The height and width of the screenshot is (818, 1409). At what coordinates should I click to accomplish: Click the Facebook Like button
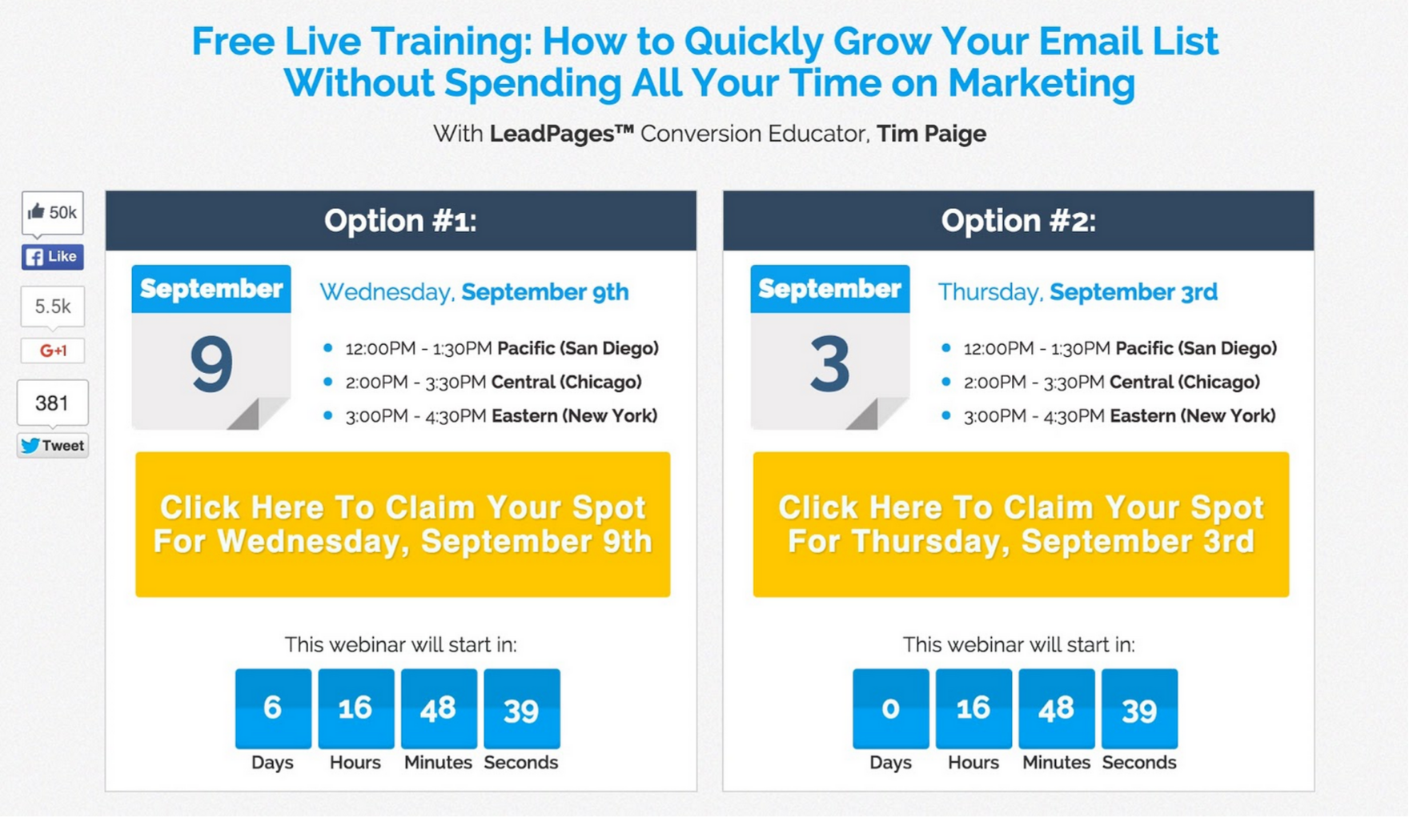pyautogui.click(x=53, y=257)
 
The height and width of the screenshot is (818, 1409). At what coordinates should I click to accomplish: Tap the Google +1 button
pyautogui.click(x=53, y=351)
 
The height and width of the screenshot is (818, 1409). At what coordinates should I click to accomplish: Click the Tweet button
pyautogui.click(x=53, y=446)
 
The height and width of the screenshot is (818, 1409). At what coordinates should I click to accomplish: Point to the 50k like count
pyautogui.click(x=53, y=213)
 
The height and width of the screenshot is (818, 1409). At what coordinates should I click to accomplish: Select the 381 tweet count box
pyautogui.click(x=53, y=403)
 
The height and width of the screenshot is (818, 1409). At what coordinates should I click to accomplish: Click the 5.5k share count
pyautogui.click(x=53, y=307)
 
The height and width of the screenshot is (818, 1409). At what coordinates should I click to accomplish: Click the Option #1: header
pyautogui.click(x=401, y=221)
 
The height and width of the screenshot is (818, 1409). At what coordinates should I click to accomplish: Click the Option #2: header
pyautogui.click(x=1018, y=221)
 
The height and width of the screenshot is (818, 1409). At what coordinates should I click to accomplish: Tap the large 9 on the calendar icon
pyautogui.click(x=211, y=365)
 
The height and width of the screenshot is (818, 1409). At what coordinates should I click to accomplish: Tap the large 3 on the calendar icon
pyautogui.click(x=829, y=365)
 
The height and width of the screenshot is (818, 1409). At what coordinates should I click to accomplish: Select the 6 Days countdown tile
pyautogui.click(x=273, y=708)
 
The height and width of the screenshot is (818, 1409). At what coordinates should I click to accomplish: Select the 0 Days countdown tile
pyautogui.click(x=891, y=708)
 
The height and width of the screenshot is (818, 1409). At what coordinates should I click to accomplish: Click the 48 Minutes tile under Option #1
pyautogui.click(x=439, y=708)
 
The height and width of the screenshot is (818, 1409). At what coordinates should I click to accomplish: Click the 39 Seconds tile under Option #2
pyautogui.click(x=1139, y=708)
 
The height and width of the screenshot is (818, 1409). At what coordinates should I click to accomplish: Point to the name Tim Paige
pyautogui.click(x=931, y=134)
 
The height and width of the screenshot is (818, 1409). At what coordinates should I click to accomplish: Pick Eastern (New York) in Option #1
pyautogui.click(x=574, y=416)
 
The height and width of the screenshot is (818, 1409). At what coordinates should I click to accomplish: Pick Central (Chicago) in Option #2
pyautogui.click(x=1185, y=383)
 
